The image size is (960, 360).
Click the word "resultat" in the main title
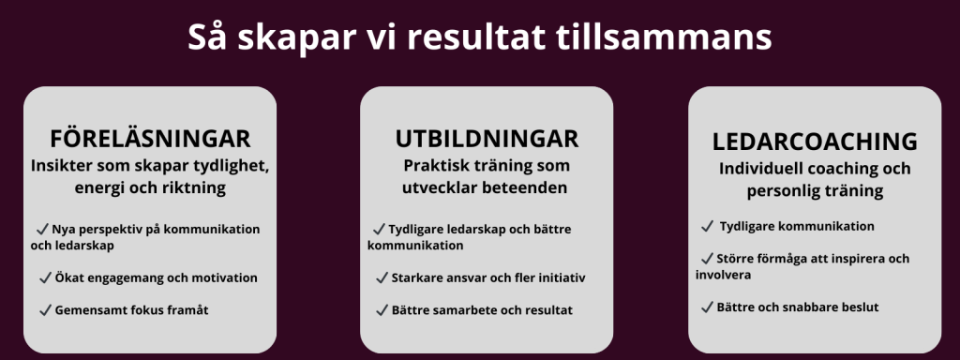pyautogui.click(x=475, y=37)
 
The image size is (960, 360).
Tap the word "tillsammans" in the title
pyautogui.click(x=664, y=37)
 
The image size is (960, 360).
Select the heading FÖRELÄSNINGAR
pyautogui.click(x=150, y=139)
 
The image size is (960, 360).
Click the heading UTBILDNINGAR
pyautogui.click(x=487, y=139)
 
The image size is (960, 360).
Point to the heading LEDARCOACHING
pyautogui.click(x=815, y=142)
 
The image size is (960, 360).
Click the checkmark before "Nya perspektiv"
pyautogui.click(x=42, y=229)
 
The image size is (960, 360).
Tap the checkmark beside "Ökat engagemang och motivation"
pyautogui.click(x=45, y=277)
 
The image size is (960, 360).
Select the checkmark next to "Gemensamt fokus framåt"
pyautogui.click(x=45, y=310)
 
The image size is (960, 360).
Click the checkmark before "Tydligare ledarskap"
pyautogui.click(x=379, y=229)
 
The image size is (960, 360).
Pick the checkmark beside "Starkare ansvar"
pyautogui.click(x=382, y=277)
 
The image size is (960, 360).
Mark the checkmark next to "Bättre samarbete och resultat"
pyautogui.click(x=382, y=310)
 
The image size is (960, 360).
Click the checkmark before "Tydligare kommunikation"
pyautogui.click(x=707, y=227)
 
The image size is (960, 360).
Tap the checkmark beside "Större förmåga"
pyautogui.click(x=707, y=259)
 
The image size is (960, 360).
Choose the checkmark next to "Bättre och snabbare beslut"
pyautogui.click(x=707, y=307)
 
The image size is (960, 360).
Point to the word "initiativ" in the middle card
pyautogui.click(x=562, y=277)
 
